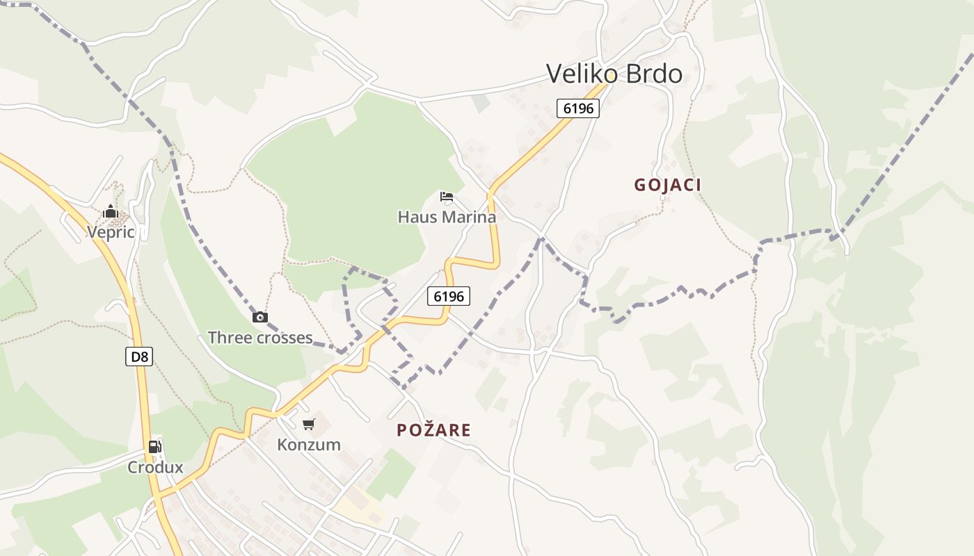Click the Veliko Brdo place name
tap(614, 73)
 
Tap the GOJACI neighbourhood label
tap(667, 185)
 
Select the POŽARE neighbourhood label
tap(433, 430)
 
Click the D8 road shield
tap(140, 357)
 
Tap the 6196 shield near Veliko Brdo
tap(577, 108)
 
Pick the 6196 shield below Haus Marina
tap(448, 296)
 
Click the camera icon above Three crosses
tap(260, 317)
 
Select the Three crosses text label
tap(260, 338)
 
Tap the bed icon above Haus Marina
tap(447, 197)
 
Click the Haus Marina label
tap(447, 217)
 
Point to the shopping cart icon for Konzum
tap(309, 424)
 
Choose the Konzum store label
tap(309, 444)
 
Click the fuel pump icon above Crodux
tap(154, 447)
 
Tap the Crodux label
tap(154, 467)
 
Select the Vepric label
tap(111, 231)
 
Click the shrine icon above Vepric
tap(111, 211)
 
